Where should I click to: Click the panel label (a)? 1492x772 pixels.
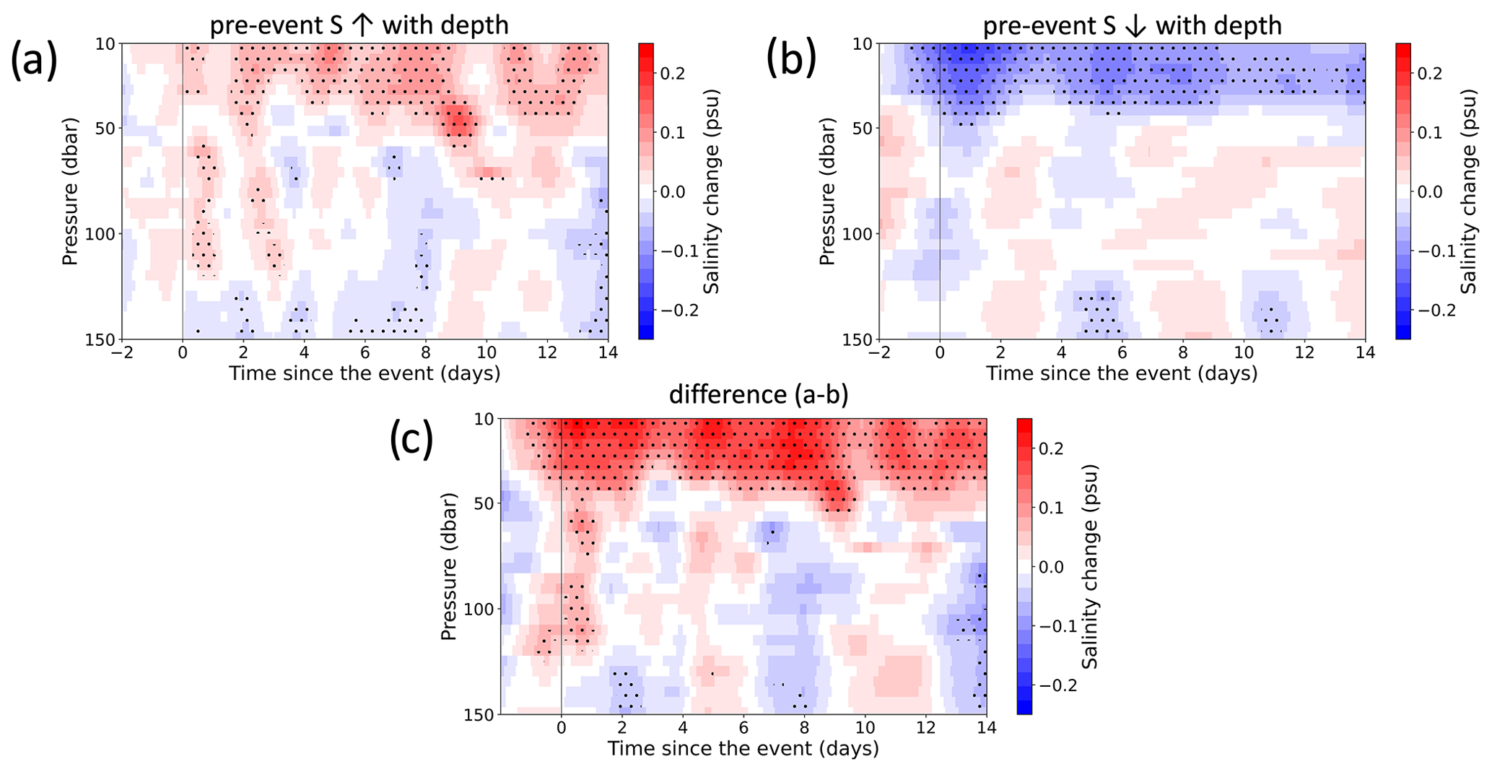tap(33, 61)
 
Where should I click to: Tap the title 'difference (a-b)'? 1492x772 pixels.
tap(759, 395)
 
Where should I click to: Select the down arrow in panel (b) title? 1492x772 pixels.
tap(1135, 26)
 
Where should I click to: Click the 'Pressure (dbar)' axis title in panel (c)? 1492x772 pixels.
tap(449, 567)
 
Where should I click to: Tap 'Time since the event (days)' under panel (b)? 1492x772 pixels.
tap(1122, 373)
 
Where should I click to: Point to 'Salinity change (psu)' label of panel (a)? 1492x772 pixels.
tap(712, 191)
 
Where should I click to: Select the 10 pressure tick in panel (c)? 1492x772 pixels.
tap(485, 419)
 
